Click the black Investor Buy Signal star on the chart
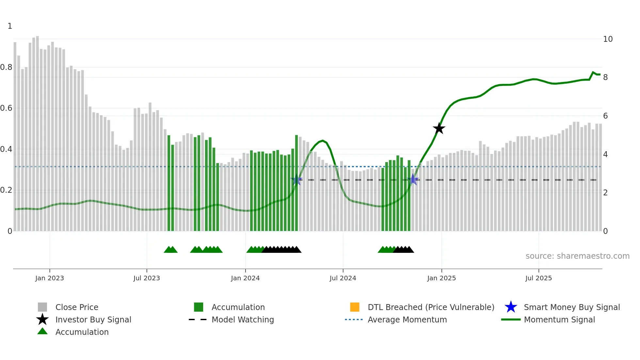pyautogui.click(x=439, y=128)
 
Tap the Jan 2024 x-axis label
pyautogui.click(x=245, y=278)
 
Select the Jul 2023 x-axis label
pyautogui.click(x=147, y=278)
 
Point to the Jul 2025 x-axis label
pyautogui.click(x=538, y=278)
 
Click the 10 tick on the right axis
pyautogui.click(x=608, y=39)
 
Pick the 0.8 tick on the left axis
pyautogui.click(x=6, y=67)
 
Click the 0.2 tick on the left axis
pyautogui.click(x=6, y=190)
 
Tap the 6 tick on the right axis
pyautogui.click(x=605, y=116)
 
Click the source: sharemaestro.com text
pyautogui.click(x=577, y=256)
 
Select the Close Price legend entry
pyautogui.click(x=77, y=307)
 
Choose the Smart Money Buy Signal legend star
pyautogui.click(x=511, y=307)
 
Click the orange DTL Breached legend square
pyautogui.click(x=355, y=307)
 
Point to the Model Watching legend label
pyautogui.click(x=243, y=319)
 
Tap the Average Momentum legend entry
pyautogui.click(x=407, y=319)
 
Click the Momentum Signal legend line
pyautogui.click(x=511, y=319)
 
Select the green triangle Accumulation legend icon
pyautogui.click(x=42, y=332)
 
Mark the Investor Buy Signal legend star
pyautogui.click(x=42, y=319)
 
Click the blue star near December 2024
pyautogui.click(x=413, y=179)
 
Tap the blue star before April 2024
pyautogui.click(x=296, y=179)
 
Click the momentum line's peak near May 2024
pyautogui.click(x=323, y=141)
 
